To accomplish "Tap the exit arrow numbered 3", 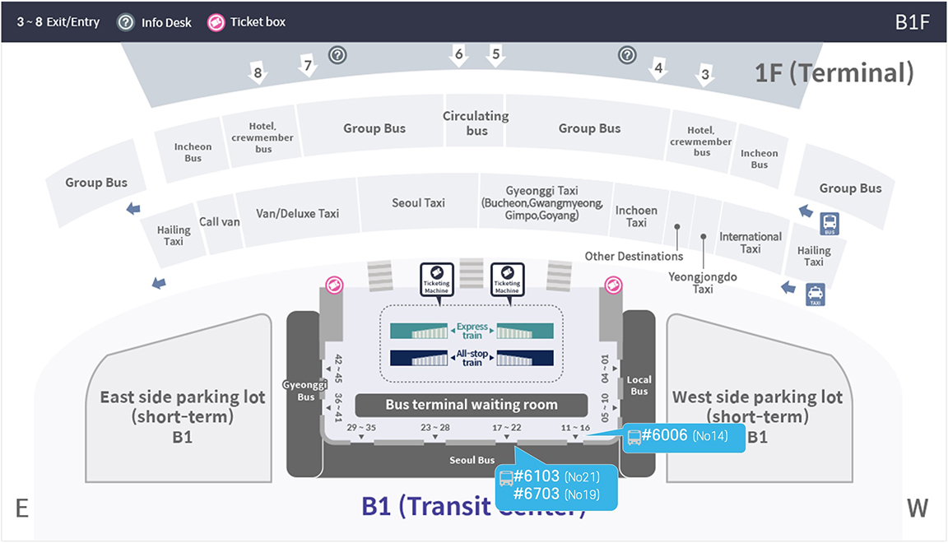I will (704, 76).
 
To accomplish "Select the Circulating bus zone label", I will (476, 123).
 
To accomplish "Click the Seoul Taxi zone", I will (418, 203).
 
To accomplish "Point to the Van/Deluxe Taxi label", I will (297, 213).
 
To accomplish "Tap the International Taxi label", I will (750, 242).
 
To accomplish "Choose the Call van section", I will (220, 221).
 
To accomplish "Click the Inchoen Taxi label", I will (636, 216).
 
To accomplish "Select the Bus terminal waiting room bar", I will (472, 405).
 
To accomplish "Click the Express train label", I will (472, 331).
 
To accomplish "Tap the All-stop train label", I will (472, 358).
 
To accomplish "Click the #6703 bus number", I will (536, 494).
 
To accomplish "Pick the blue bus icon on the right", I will (829, 223).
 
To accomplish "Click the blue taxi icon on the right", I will (816, 295).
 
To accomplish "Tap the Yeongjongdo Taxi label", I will (702, 283).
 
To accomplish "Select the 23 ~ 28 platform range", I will (435, 428).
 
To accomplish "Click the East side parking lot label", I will (183, 406).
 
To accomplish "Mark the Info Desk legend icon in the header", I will (126, 22).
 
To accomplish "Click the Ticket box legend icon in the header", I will (216, 22).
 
